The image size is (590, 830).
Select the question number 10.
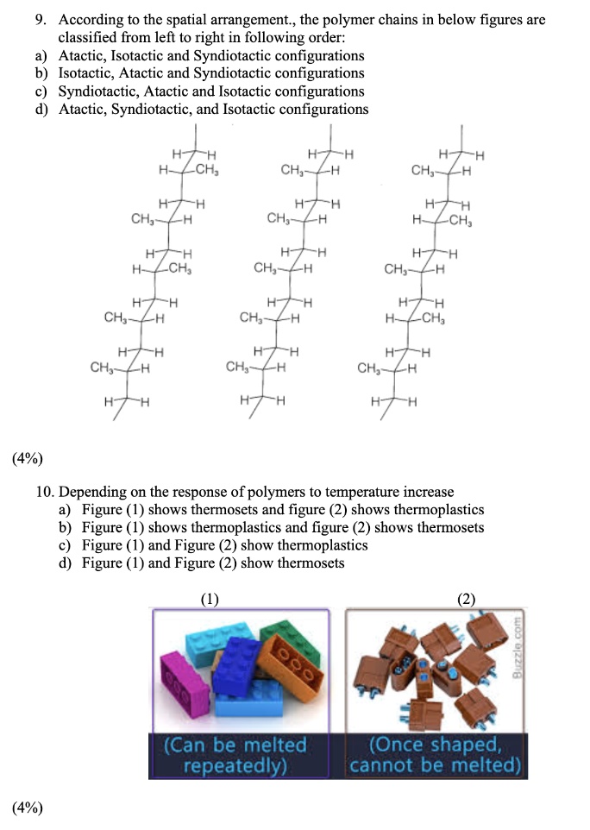pos(46,493)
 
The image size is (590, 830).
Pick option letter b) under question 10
pos(65,527)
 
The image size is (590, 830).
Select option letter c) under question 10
pos(65,545)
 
